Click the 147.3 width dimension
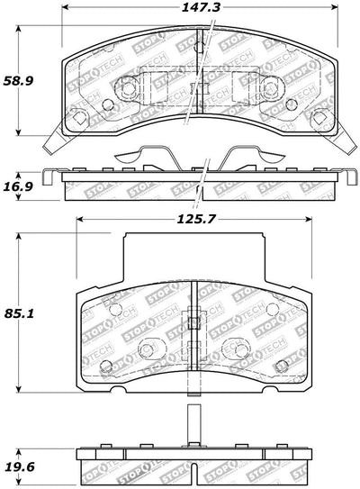[201, 7]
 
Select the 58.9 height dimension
[18, 81]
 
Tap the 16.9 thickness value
[18, 186]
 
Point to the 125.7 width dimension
[196, 219]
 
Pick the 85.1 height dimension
[19, 313]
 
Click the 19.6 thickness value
[20, 467]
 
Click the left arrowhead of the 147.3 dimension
[65, 7]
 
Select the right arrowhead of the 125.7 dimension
[309, 219]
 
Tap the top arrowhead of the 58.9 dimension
[19, 29]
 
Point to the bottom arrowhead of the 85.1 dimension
[19, 389]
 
